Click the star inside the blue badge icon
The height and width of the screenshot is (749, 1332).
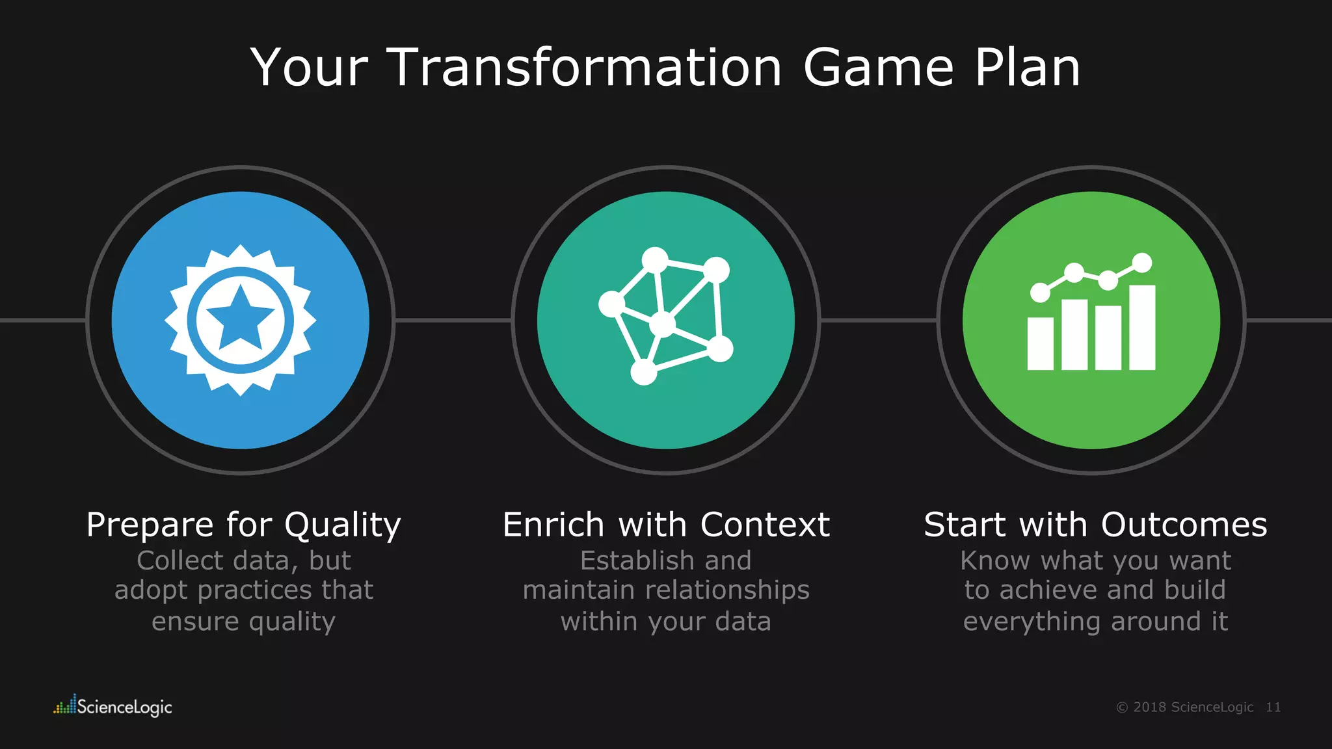(x=240, y=317)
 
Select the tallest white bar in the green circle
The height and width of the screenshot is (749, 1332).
(x=1142, y=327)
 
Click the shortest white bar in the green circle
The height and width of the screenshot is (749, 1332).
(x=1040, y=343)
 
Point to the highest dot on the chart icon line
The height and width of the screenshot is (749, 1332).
(x=1142, y=263)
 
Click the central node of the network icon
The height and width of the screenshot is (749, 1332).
(x=663, y=324)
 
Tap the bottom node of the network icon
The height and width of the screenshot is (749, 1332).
(x=644, y=373)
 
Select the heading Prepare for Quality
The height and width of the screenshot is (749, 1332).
(x=243, y=524)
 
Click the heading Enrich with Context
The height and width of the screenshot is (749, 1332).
(x=666, y=524)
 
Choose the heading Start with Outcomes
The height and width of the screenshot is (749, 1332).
(x=1095, y=524)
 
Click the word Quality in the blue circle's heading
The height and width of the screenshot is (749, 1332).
(x=343, y=525)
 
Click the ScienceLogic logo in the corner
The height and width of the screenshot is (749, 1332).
(x=113, y=706)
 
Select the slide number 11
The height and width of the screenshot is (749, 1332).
(x=1273, y=707)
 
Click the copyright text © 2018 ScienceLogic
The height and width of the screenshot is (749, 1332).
(x=1184, y=707)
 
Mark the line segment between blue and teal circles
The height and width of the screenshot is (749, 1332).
(x=453, y=320)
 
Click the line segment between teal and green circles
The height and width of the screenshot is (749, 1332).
(x=878, y=320)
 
